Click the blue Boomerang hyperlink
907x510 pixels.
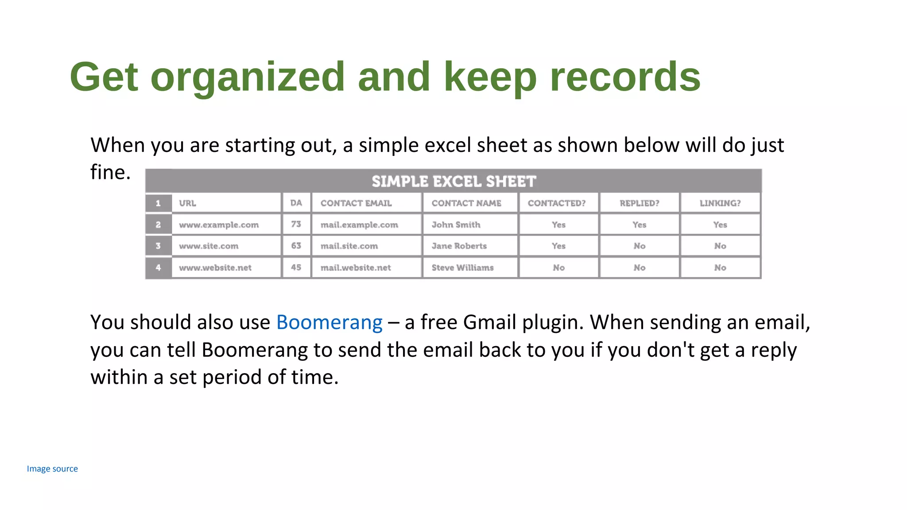[x=329, y=322]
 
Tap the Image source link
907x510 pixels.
[x=52, y=469]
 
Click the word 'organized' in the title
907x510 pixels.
[x=247, y=77]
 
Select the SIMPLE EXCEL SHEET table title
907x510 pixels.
[x=453, y=181]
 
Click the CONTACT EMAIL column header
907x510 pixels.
[x=356, y=203]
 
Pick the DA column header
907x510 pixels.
[x=296, y=203]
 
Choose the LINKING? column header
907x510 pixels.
[x=720, y=203]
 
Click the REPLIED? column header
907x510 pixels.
[x=639, y=203]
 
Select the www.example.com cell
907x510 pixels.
[x=219, y=225]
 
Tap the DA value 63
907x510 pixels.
[x=296, y=246]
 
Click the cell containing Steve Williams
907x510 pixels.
[x=462, y=267]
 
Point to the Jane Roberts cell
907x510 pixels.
[x=459, y=246]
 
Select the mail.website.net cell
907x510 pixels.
[x=356, y=267]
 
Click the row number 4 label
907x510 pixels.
[x=158, y=267]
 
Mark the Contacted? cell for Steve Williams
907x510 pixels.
[x=558, y=267]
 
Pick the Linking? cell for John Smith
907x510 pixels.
[x=720, y=225]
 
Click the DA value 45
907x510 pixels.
[x=296, y=267]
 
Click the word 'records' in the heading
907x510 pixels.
[x=625, y=77]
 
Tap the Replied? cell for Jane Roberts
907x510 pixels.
[x=639, y=246]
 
